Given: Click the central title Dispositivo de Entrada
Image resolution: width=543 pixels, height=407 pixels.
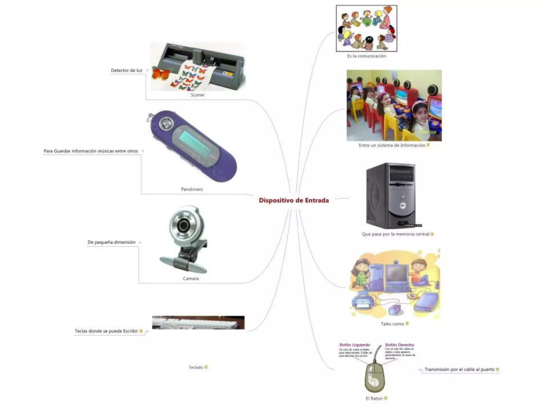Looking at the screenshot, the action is [x=294, y=200].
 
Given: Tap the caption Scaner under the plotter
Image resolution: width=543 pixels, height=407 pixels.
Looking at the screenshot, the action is [x=198, y=95].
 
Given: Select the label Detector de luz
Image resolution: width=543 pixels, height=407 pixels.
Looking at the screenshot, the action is [x=126, y=70].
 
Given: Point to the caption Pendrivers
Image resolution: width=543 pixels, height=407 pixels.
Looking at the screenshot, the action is [x=192, y=189].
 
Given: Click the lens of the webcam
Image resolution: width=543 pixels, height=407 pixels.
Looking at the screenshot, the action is [x=183, y=225].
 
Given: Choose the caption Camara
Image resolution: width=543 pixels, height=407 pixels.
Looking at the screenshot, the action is [x=191, y=278].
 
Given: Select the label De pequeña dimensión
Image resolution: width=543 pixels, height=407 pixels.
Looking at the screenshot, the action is [x=111, y=242].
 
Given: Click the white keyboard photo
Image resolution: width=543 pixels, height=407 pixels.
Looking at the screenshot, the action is [x=198, y=323].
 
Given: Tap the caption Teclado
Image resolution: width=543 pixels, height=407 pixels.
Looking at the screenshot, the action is [x=196, y=367].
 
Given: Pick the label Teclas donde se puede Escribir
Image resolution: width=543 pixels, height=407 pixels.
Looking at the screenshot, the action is [x=106, y=331].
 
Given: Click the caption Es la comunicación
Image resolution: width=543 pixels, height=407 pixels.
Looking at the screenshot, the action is [x=366, y=56].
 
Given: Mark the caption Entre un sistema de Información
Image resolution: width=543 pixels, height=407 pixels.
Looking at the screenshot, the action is [x=392, y=145].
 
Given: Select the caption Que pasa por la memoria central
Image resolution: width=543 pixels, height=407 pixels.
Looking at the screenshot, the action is [x=396, y=234].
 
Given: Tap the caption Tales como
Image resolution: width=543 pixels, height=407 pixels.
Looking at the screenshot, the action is [x=392, y=324].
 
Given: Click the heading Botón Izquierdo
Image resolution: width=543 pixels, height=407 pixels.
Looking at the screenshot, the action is [x=355, y=345].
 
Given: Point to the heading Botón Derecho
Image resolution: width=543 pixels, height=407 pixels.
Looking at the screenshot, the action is [x=400, y=345].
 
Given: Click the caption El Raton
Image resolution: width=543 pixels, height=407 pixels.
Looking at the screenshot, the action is [x=374, y=398].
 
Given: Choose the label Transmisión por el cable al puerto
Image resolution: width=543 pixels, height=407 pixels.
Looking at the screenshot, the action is [x=459, y=369].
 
